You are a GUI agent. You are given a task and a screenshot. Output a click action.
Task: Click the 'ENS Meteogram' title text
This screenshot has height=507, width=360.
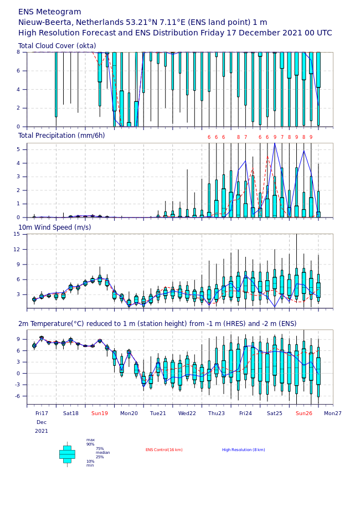[x=49, y=12]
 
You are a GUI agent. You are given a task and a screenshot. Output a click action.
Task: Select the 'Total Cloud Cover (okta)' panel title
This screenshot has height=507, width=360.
[x=57, y=46]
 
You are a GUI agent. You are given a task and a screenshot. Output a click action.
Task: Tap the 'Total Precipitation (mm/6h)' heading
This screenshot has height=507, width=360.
[x=61, y=136]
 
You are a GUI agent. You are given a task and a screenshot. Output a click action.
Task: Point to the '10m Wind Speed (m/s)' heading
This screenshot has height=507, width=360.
[x=55, y=227]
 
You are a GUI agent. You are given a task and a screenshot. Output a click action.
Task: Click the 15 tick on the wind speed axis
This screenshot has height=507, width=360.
[x=17, y=234]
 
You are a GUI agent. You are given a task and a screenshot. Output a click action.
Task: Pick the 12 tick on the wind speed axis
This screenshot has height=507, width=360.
[x=17, y=249]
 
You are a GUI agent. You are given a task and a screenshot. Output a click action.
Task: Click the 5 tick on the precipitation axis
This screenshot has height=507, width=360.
[x=18, y=149]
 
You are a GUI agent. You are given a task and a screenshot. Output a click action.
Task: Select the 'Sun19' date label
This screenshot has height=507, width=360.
[x=100, y=413]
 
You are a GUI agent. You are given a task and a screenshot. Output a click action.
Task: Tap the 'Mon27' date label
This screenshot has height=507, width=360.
[x=333, y=413]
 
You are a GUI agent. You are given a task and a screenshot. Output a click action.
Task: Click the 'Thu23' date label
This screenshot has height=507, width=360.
[x=217, y=413]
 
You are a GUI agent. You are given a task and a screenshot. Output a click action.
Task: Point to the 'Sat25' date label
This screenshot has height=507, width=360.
[x=275, y=413]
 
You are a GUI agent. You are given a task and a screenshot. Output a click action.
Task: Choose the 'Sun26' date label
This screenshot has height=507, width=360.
[x=304, y=413]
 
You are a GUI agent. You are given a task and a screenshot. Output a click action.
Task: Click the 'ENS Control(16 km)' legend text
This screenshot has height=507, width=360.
[x=164, y=450]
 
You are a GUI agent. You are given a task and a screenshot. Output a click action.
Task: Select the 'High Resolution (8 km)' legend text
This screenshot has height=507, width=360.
[x=244, y=450]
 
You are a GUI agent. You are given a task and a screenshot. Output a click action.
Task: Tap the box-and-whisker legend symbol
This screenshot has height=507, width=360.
[x=67, y=454]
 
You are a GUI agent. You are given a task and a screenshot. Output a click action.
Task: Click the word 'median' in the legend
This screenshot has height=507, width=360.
[x=103, y=453]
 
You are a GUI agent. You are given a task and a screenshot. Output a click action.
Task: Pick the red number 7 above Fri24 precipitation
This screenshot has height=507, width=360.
[x=245, y=137]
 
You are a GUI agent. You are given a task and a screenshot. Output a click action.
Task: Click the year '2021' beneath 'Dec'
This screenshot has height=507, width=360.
[x=42, y=431]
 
